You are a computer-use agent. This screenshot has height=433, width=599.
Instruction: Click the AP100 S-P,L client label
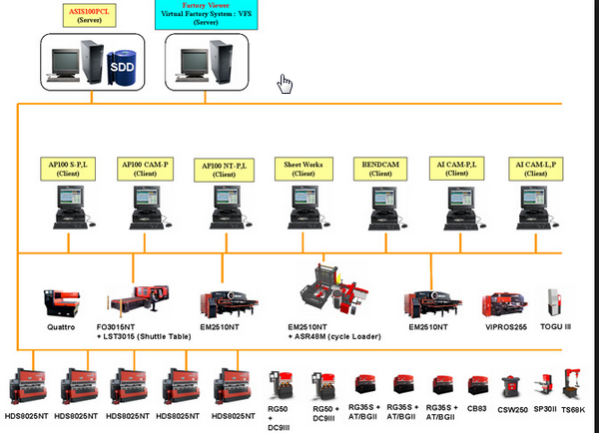pos(68,168)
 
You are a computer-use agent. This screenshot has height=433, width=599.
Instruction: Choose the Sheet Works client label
pos(295,168)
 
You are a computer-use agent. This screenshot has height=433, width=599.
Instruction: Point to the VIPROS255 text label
pos(506,325)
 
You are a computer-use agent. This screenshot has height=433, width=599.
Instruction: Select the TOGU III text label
pos(557,325)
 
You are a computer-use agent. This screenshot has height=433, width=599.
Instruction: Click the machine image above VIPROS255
pos(506,302)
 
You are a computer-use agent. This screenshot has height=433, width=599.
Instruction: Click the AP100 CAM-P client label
pos(146,168)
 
